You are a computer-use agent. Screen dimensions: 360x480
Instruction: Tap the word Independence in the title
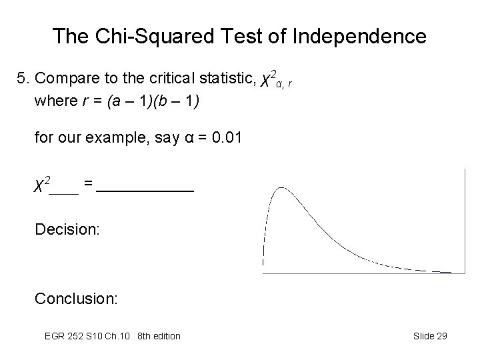click(360, 36)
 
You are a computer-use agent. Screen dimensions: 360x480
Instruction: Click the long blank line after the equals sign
click(145, 191)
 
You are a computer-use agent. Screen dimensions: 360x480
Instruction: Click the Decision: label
click(67, 230)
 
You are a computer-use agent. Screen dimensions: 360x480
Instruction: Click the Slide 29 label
click(429, 336)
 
